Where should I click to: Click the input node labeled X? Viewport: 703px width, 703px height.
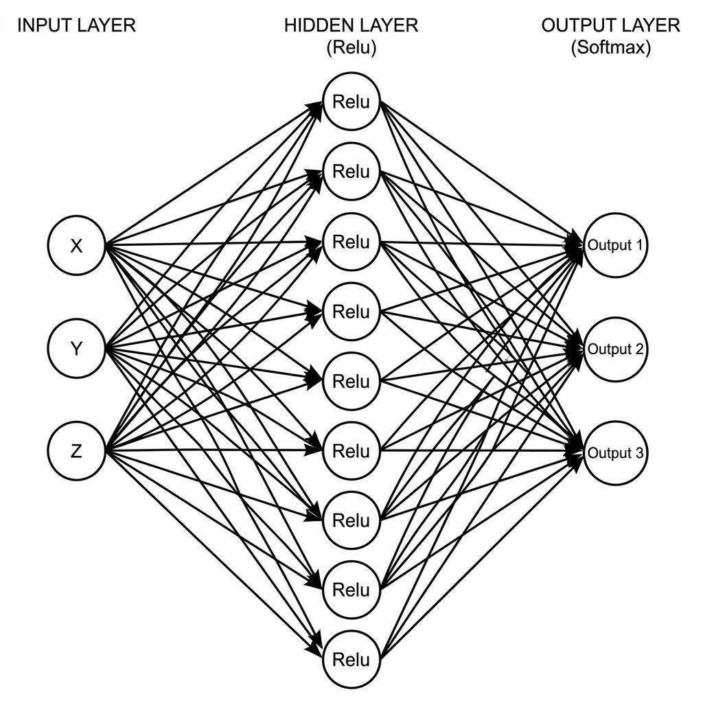[x=76, y=246]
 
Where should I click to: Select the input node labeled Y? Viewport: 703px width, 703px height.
[x=76, y=349]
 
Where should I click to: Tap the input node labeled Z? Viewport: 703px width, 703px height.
[x=76, y=451]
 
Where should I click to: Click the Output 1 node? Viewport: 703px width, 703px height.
[x=615, y=245]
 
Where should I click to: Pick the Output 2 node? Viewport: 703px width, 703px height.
[x=615, y=349]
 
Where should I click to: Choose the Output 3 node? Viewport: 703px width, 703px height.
[x=615, y=452]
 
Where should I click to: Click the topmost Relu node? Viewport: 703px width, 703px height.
[x=351, y=102]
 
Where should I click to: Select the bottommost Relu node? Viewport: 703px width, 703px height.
[x=351, y=660]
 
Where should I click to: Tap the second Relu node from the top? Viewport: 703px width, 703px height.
[x=351, y=172]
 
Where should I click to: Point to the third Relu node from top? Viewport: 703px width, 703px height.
[x=351, y=242]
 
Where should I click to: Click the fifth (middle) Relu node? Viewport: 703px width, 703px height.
[x=351, y=381]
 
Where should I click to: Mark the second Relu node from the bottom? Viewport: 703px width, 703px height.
[x=351, y=590]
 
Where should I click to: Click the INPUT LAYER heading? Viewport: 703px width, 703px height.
[x=76, y=26]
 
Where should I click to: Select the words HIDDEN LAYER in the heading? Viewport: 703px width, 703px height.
[x=351, y=26]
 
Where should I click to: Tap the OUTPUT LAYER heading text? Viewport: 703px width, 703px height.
[x=610, y=26]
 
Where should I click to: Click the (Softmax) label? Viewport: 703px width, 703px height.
[x=610, y=48]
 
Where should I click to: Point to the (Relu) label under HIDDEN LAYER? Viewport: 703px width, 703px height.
[x=351, y=48]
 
